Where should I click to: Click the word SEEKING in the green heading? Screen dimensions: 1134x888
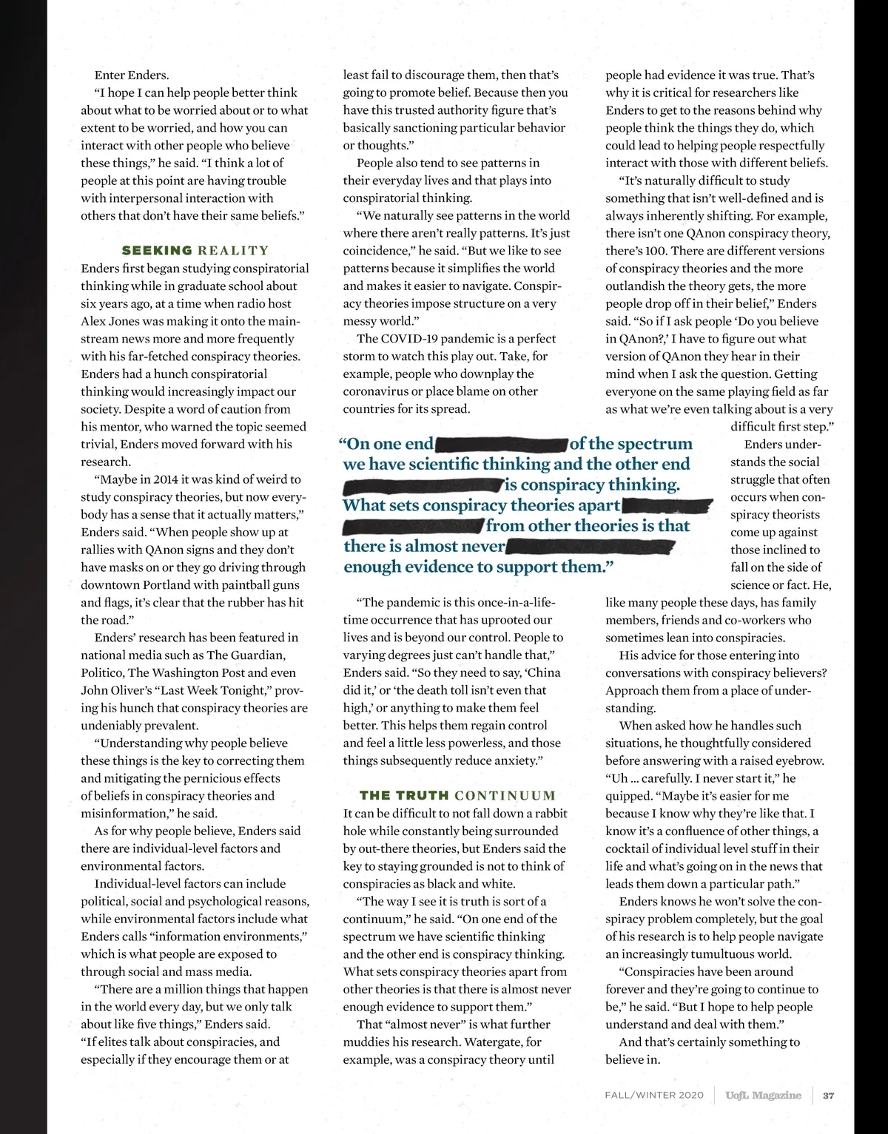click(157, 251)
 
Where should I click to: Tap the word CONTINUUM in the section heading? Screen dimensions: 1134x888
click(505, 796)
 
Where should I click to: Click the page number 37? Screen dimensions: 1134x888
click(829, 1096)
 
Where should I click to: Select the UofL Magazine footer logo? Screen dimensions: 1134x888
click(763, 1096)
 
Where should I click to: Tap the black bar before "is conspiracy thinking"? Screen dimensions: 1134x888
click(423, 487)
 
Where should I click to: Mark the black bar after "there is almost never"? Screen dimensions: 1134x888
click(590, 548)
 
